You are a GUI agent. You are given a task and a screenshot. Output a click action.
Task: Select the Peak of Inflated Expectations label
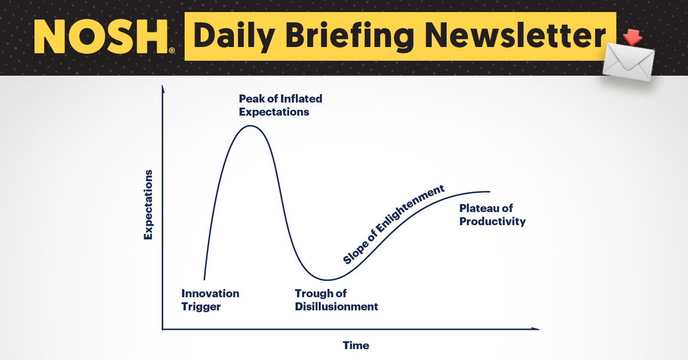pyautogui.click(x=280, y=105)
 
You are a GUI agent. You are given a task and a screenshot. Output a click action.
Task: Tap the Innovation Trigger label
pyautogui.click(x=210, y=300)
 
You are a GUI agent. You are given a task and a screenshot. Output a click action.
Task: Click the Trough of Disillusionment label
pyautogui.click(x=336, y=300)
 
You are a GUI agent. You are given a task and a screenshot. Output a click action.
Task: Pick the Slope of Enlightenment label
pyautogui.click(x=394, y=224)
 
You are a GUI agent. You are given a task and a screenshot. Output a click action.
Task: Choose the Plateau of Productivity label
pyautogui.click(x=492, y=215)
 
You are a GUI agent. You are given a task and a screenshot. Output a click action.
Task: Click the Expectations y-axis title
pyautogui.click(x=148, y=205)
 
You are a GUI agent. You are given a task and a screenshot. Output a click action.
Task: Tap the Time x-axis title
pyautogui.click(x=356, y=345)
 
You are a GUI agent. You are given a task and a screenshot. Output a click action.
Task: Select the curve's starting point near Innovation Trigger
pyautogui.click(x=204, y=279)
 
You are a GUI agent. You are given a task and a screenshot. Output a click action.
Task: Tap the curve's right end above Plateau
pyautogui.click(x=490, y=191)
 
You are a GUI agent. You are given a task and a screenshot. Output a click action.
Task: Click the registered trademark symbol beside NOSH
pyautogui.click(x=171, y=50)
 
